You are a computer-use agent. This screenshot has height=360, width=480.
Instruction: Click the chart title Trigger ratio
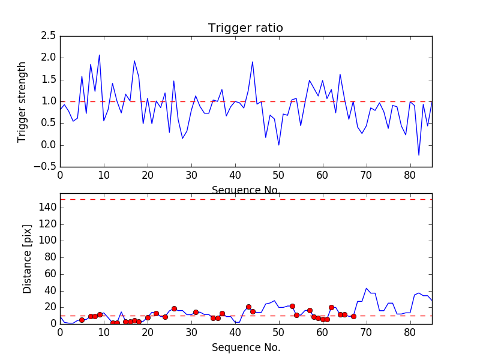[x=245, y=28]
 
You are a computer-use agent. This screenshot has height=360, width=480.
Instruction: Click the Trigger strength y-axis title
[x=22, y=101]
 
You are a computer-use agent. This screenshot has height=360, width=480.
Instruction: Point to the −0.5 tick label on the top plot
[x=46, y=167]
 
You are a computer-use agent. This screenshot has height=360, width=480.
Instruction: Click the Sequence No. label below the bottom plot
[x=245, y=347]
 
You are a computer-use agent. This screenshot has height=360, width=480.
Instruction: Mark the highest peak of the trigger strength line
[x=100, y=55]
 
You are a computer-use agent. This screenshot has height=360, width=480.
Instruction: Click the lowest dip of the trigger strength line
[x=419, y=155]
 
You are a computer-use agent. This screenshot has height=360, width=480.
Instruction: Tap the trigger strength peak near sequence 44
[x=253, y=62]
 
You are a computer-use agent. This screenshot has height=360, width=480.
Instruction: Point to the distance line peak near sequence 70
[x=366, y=288]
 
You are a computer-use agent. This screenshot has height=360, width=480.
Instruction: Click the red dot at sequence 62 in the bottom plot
[x=331, y=307]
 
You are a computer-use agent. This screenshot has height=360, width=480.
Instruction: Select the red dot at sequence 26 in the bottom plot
[x=174, y=308]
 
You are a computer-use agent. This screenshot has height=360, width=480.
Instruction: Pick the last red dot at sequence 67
[x=353, y=316]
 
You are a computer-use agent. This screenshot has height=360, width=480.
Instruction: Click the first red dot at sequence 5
[x=82, y=320]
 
